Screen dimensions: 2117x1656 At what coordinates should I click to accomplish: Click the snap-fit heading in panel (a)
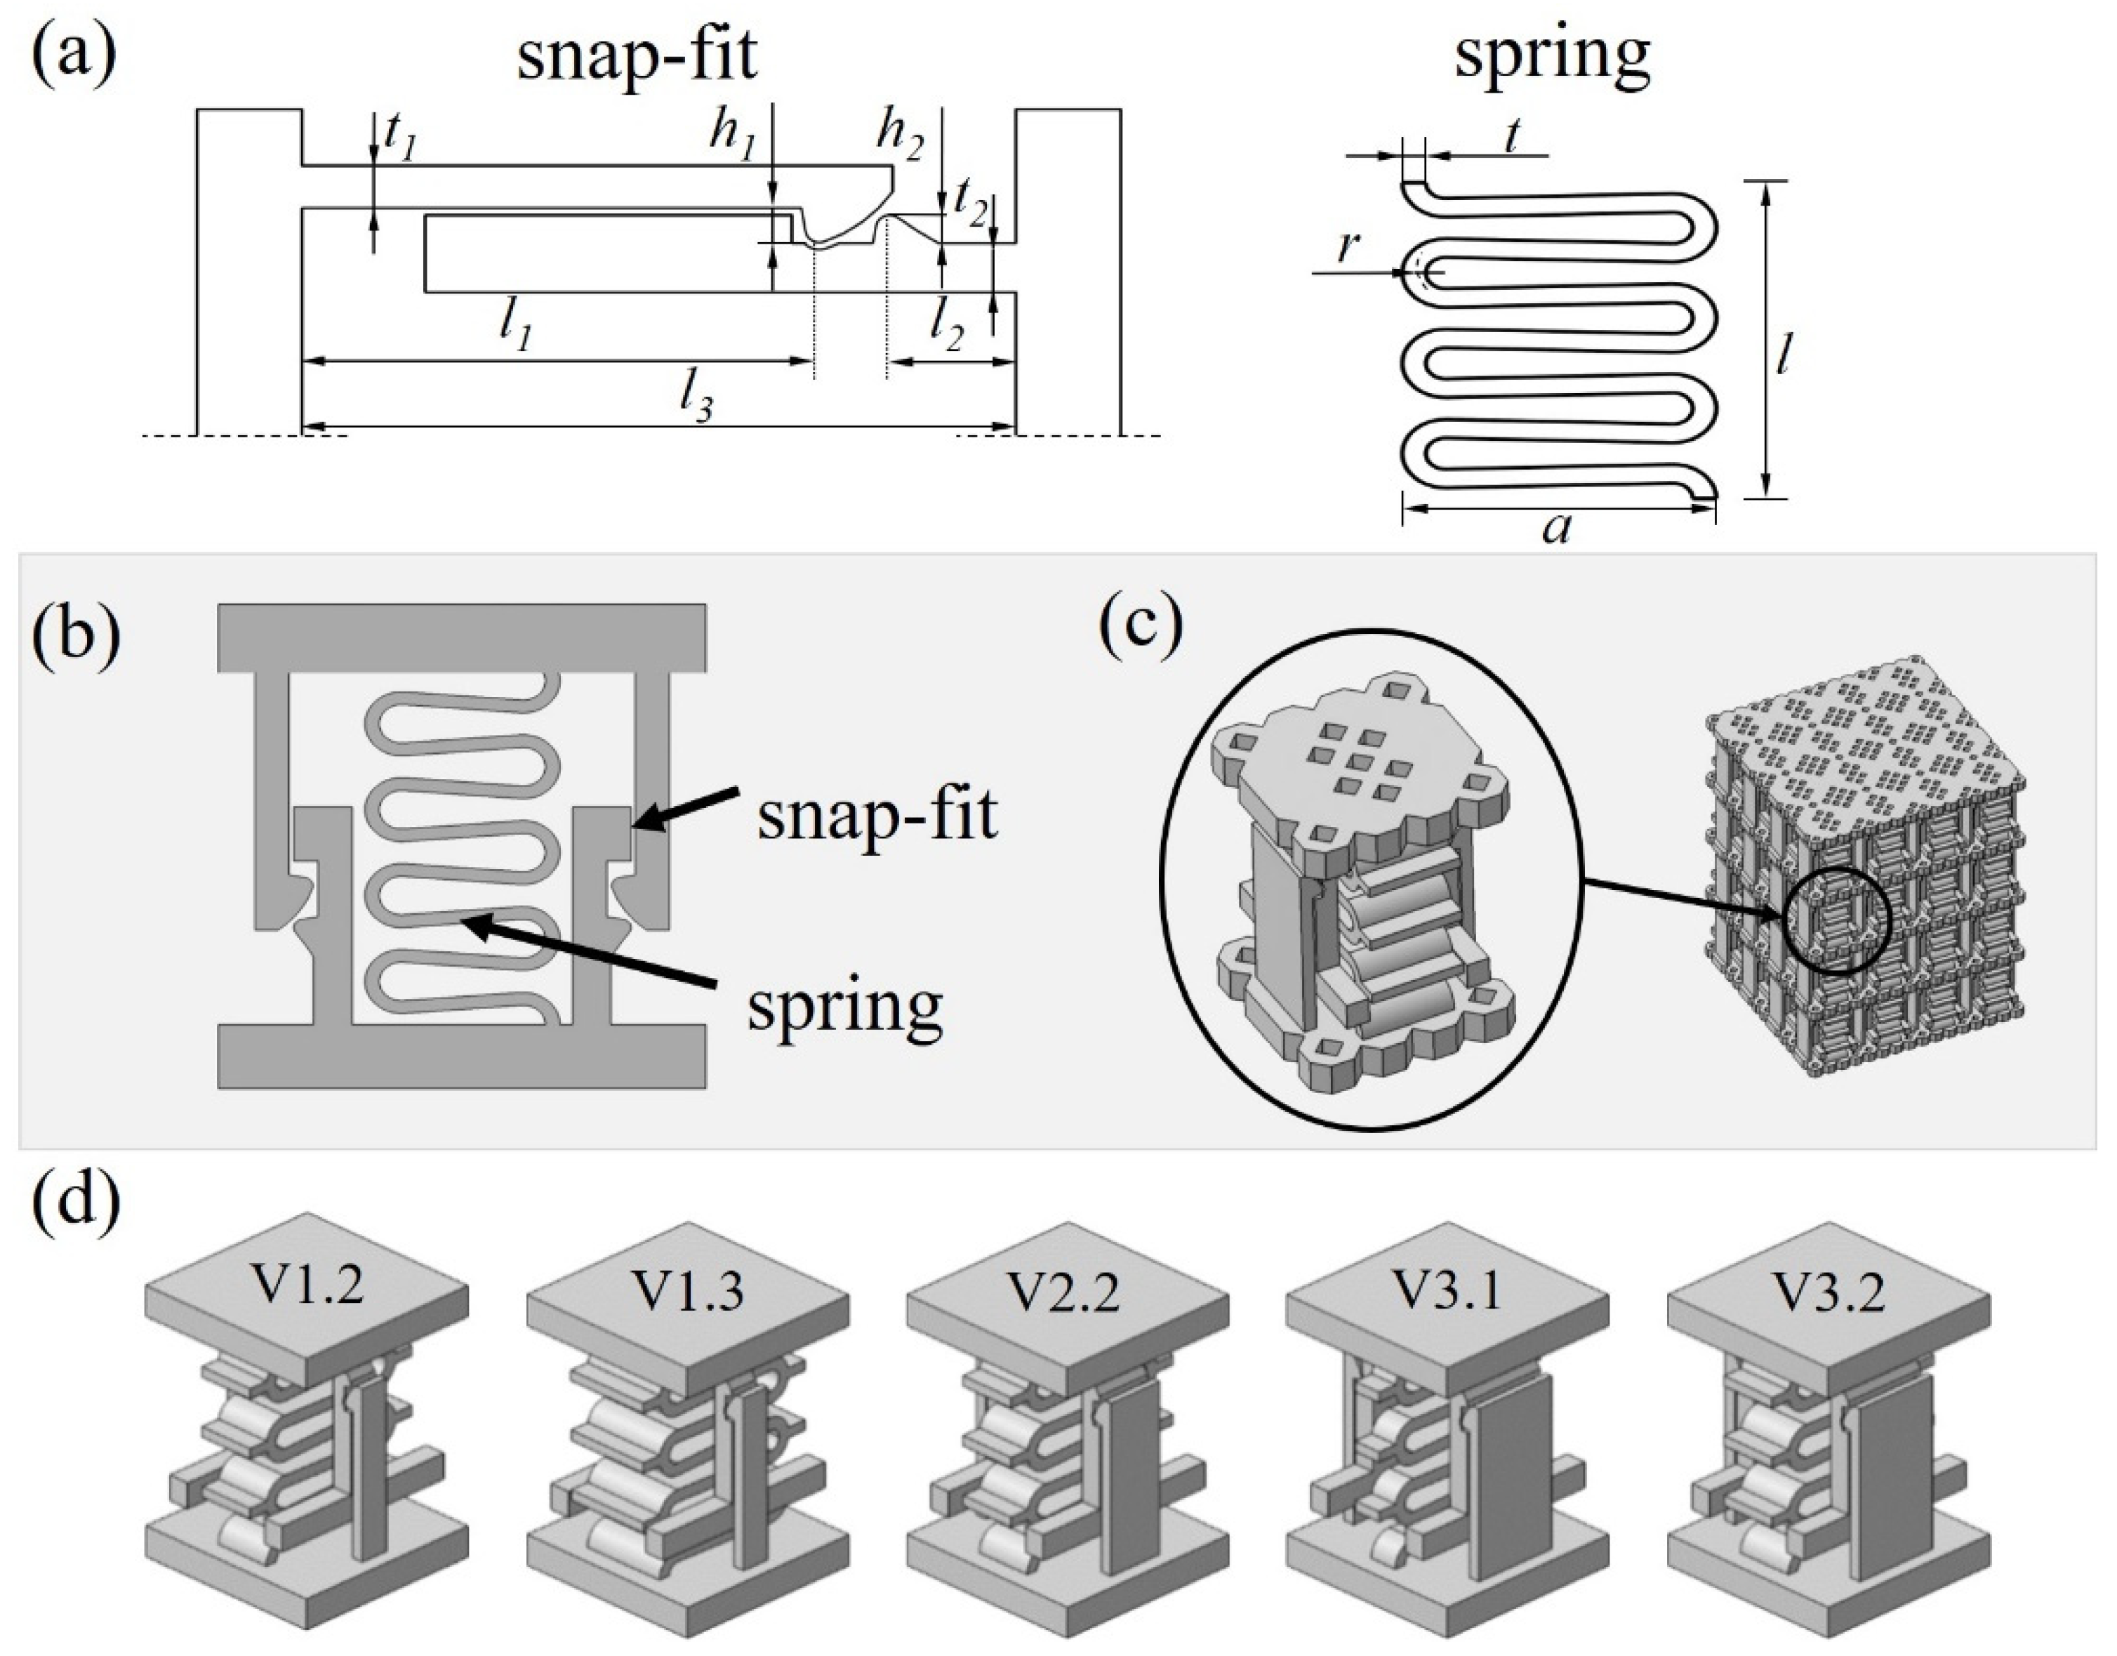[x=637, y=57]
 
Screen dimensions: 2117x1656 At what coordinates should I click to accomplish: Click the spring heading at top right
[x=1552, y=55]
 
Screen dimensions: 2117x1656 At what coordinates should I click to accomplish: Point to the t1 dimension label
[x=399, y=139]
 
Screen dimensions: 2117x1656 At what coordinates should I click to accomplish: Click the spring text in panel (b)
[x=845, y=1007]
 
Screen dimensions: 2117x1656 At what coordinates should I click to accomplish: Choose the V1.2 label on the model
[x=308, y=1287]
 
